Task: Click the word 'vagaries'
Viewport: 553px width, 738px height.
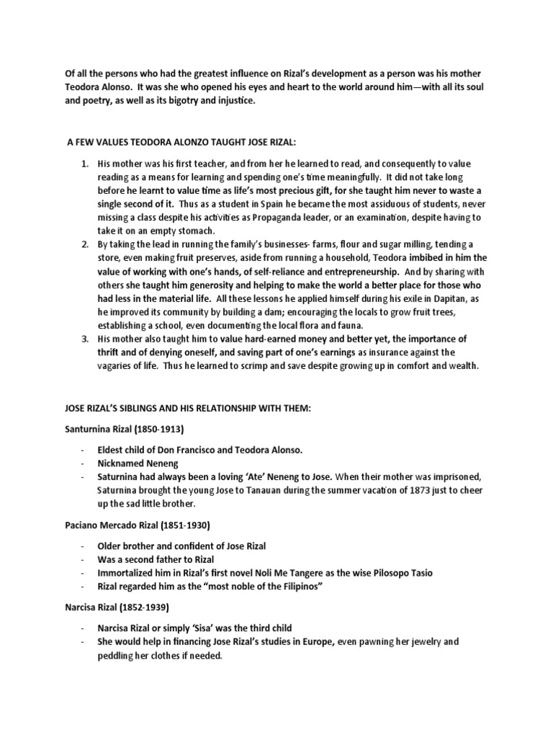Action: coord(117,366)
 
